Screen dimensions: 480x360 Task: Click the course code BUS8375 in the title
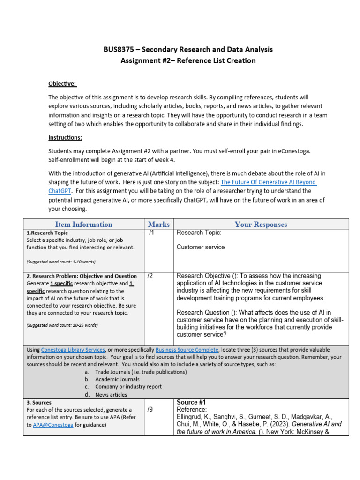[118, 49]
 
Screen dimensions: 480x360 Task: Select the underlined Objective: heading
[62, 84]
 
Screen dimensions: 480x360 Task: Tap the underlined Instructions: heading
[65, 137]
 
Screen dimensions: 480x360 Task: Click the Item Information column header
[83, 224]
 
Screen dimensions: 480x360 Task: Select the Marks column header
[158, 224]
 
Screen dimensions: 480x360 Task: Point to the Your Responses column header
[261, 224]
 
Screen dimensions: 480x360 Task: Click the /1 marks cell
[151, 232]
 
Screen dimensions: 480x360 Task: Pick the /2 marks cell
[151, 276]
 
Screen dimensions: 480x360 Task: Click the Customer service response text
[200, 247]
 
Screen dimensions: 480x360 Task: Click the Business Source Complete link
[187, 350]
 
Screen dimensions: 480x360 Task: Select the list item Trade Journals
[114, 372]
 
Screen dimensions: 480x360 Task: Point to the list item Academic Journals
[117, 379]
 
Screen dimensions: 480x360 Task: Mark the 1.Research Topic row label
[47, 232]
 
